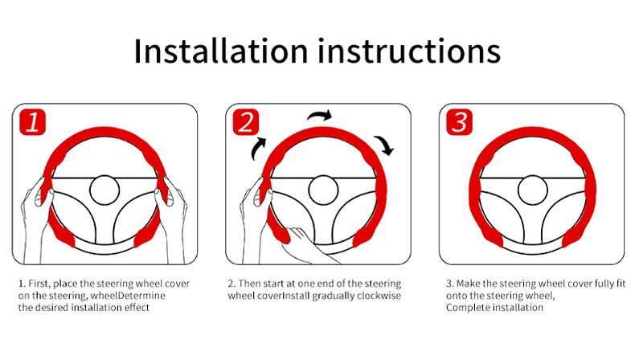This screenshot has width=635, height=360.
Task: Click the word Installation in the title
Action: [x=221, y=51]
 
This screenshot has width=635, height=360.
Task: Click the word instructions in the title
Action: [x=409, y=51]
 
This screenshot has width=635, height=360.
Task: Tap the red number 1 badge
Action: [x=32, y=122]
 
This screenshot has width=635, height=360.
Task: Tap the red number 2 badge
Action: [x=246, y=122]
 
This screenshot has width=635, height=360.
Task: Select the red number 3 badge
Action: [x=459, y=122]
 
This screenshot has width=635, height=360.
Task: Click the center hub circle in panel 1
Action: [x=104, y=190]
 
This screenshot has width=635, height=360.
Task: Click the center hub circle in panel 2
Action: [x=323, y=190]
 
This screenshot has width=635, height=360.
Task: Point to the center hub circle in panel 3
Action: [x=533, y=190]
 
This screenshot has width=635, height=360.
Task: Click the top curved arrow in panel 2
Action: [x=320, y=116]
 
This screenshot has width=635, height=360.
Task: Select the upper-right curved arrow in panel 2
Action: [x=385, y=145]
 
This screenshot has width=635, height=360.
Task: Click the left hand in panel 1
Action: [x=35, y=219]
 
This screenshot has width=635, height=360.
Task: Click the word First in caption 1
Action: [x=39, y=284]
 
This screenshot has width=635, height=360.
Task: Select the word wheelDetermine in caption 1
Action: [x=128, y=296]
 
